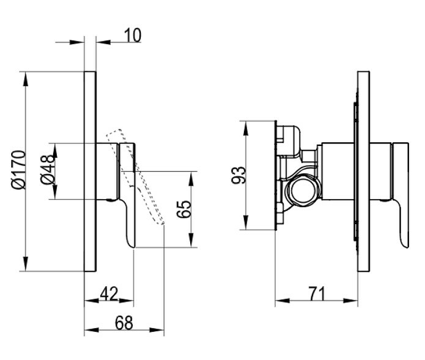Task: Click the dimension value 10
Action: tap(133, 36)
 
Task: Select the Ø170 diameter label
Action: tap(19, 169)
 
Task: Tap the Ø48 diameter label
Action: tap(48, 170)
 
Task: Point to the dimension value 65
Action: tap(183, 209)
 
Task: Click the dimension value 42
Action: tap(109, 294)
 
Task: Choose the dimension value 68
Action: tap(124, 323)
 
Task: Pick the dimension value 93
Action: tap(239, 175)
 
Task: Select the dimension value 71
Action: tap(317, 294)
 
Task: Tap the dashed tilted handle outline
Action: tap(135, 177)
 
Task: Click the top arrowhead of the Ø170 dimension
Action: tap(25, 79)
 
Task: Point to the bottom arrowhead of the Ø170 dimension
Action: tap(25, 263)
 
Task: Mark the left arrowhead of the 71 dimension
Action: tap(283, 301)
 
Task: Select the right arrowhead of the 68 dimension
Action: tap(157, 330)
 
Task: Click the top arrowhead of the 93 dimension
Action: tap(246, 128)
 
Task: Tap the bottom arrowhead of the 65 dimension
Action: tap(191, 239)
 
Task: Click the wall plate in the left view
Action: tap(90, 171)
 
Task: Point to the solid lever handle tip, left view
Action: tap(132, 245)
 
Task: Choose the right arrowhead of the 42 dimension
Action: tap(126, 301)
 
